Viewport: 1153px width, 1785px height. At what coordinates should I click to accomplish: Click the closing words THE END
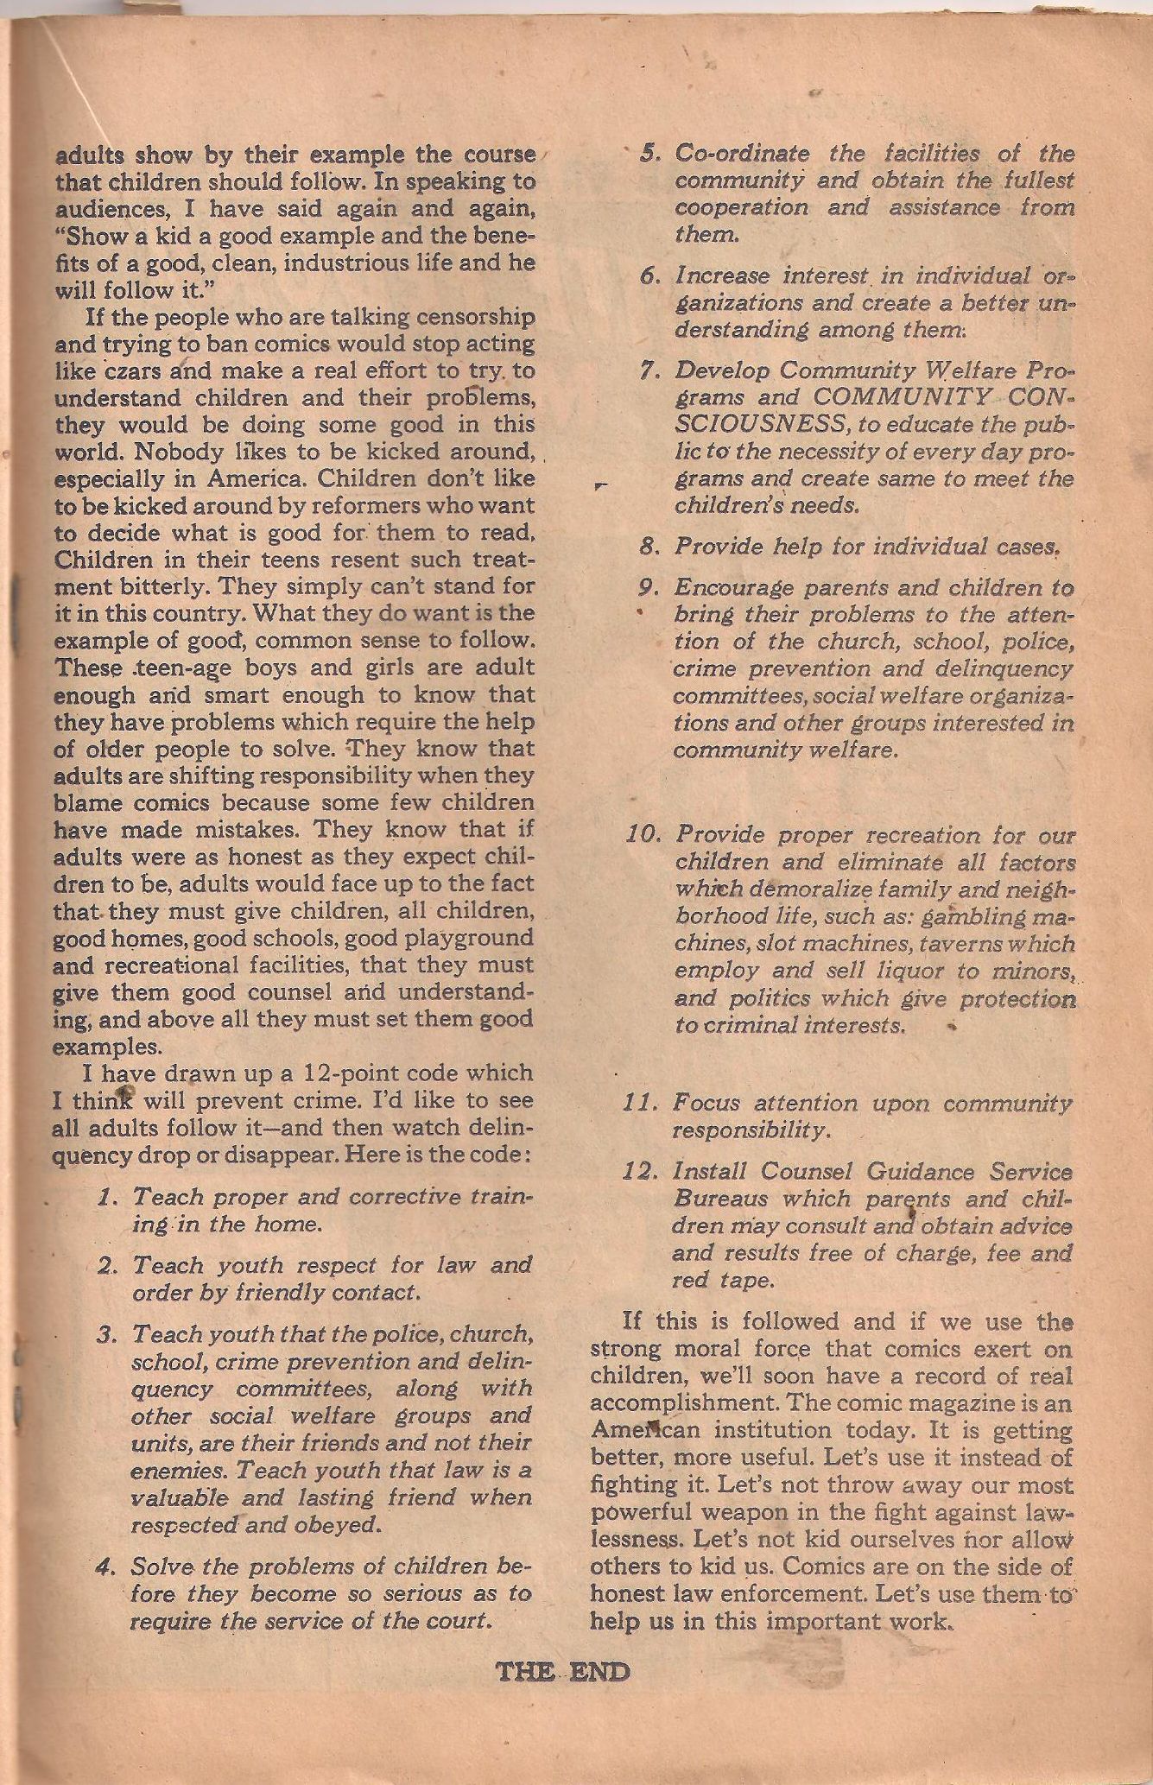click(563, 1671)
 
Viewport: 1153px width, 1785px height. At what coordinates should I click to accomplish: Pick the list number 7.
click(648, 370)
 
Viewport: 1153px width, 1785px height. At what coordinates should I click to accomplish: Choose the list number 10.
click(643, 836)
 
